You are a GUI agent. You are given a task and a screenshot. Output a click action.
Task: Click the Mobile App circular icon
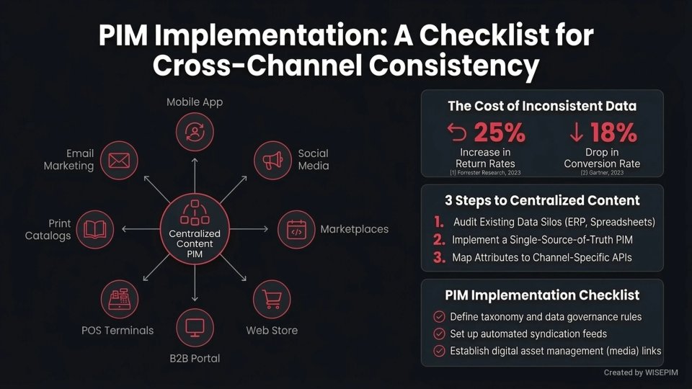195,132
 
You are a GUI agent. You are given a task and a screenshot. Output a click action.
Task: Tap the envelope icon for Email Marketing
119,159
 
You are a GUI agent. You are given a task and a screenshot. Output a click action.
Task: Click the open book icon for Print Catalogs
94,229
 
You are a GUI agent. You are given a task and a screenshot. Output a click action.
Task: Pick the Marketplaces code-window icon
296,229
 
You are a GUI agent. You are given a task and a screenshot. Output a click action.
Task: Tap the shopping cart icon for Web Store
272,299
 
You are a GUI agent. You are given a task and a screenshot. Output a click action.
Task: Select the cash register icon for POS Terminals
119,299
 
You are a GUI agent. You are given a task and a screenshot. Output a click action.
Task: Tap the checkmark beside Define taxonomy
438,316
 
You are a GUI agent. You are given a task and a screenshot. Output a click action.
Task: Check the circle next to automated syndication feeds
438,334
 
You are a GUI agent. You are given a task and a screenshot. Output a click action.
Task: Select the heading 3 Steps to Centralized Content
542,200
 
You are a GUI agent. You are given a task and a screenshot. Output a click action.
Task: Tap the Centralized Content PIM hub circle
195,229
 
